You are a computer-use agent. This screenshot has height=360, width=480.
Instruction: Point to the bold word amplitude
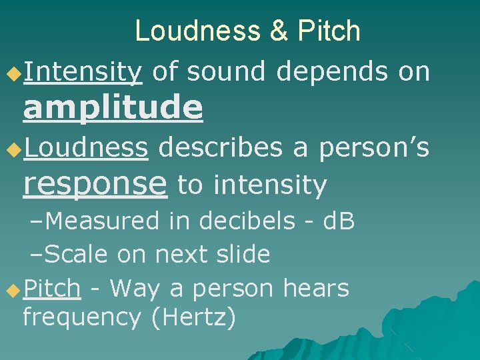(113, 108)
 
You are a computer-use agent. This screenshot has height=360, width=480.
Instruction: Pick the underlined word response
(95, 183)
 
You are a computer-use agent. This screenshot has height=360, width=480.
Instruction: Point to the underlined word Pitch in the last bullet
(52, 288)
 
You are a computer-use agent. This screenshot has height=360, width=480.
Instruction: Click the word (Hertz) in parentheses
(193, 317)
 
